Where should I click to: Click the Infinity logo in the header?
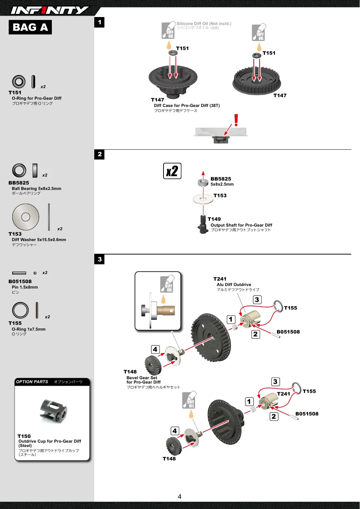point(50,10)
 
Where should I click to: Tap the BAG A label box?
point(30,27)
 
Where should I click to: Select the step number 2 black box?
point(99,154)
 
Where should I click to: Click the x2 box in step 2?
point(172,171)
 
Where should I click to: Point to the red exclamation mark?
point(236,120)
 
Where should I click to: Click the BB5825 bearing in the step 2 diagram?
point(203,182)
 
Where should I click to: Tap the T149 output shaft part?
point(203,224)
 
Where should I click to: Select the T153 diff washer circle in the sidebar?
point(26,217)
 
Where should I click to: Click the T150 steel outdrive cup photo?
point(54,411)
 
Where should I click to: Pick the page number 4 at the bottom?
point(179,497)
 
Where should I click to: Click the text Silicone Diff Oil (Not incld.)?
point(204,24)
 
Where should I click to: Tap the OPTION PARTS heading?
point(32,381)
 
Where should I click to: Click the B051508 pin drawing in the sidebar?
point(19,273)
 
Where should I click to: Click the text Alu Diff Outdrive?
point(234,285)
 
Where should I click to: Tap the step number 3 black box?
point(99,259)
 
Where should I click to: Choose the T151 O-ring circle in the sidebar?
point(19,82)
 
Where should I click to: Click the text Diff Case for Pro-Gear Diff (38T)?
point(187,105)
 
